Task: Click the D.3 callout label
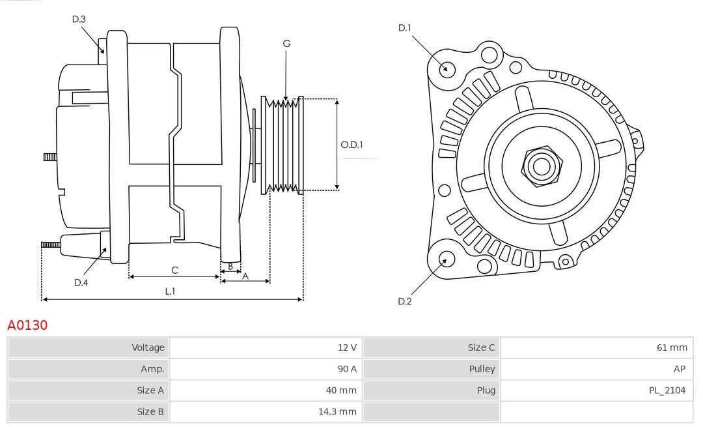(79, 19)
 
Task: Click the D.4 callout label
(81, 282)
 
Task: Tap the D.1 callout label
(405, 27)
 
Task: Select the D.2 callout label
(405, 301)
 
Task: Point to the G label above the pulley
(286, 44)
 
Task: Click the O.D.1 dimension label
(352, 145)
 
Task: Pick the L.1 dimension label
(170, 291)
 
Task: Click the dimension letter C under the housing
(174, 270)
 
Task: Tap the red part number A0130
(27, 325)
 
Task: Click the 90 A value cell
(347, 369)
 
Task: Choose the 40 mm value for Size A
(342, 390)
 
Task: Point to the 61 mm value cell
(672, 347)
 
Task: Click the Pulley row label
(482, 369)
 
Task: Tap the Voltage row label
(148, 347)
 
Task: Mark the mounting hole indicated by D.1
(447, 68)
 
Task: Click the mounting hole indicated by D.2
(446, 259)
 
